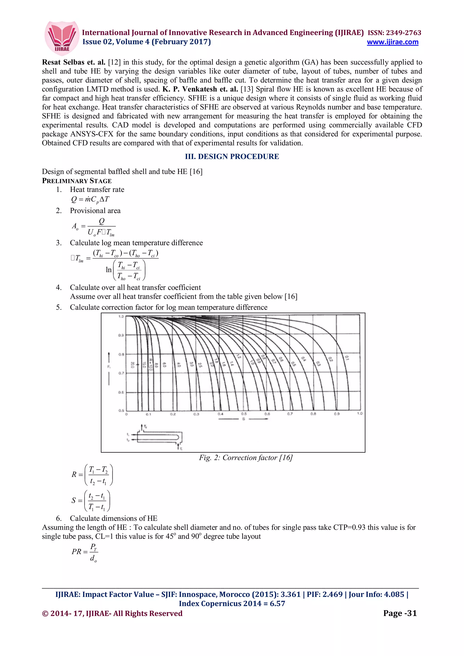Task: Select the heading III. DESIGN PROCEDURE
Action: [232, 157]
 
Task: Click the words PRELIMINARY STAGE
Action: [77, 181]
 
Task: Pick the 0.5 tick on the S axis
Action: [244, 414]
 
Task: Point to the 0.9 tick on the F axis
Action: [121, 335]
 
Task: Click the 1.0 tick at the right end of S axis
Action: [360, 413]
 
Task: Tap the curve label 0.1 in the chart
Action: [347, 358]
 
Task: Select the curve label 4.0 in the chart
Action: [179, 365]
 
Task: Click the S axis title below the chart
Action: [244, 419]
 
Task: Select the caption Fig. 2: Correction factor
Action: [246, 458]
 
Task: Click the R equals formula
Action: [92, 475]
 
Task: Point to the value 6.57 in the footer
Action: [277, 603]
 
